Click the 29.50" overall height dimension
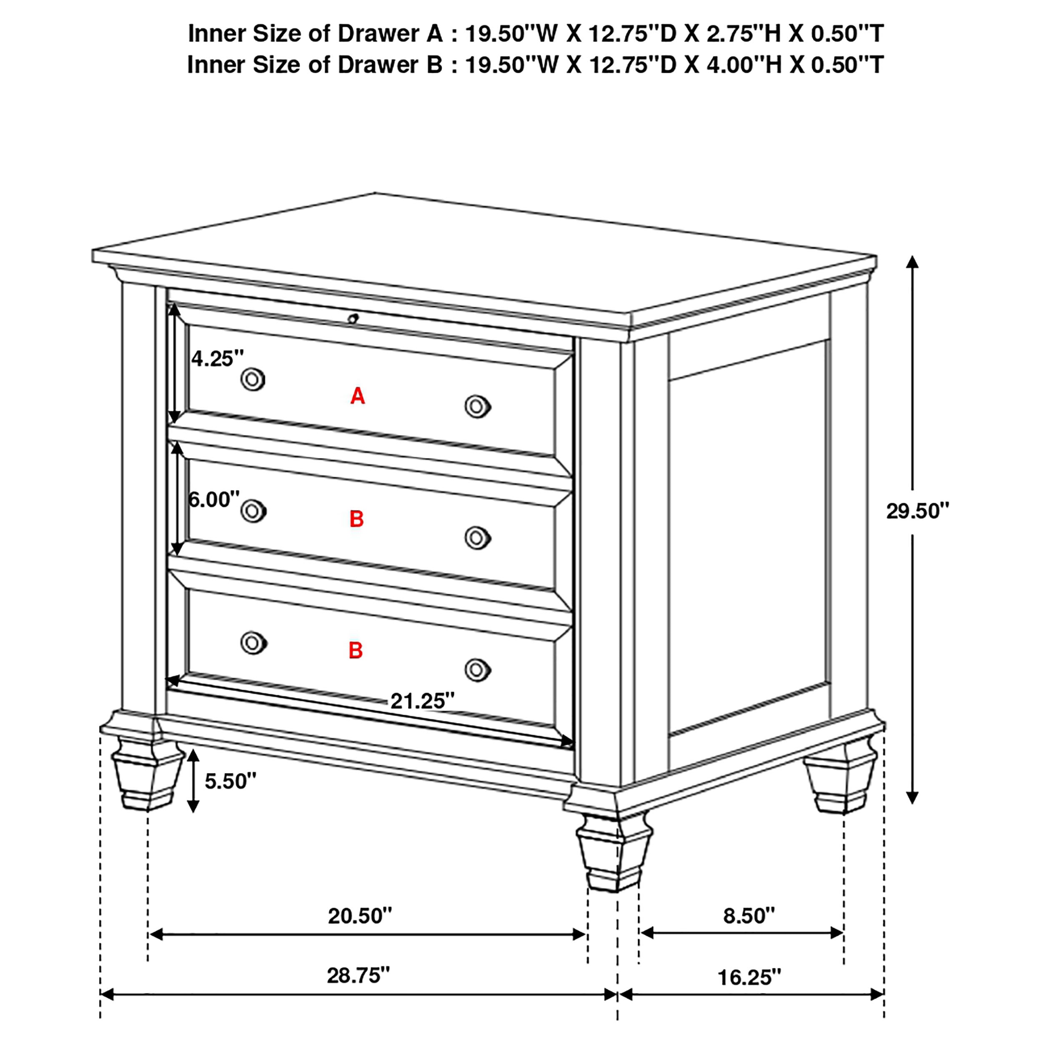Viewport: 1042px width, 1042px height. point(917,511)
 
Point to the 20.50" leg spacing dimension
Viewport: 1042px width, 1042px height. point(360,916)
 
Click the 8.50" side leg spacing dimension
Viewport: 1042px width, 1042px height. point(749,916)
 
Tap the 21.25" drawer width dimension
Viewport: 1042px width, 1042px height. point(422,701)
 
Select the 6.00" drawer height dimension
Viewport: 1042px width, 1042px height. point(213,500)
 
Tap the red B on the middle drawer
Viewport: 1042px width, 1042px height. point(356,519)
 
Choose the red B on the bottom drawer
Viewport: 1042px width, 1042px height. point(356,651)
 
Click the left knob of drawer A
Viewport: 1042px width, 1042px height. point(253,380)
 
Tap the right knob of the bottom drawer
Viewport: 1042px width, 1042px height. point(477,670)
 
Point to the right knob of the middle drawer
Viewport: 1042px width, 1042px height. point(477,538)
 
